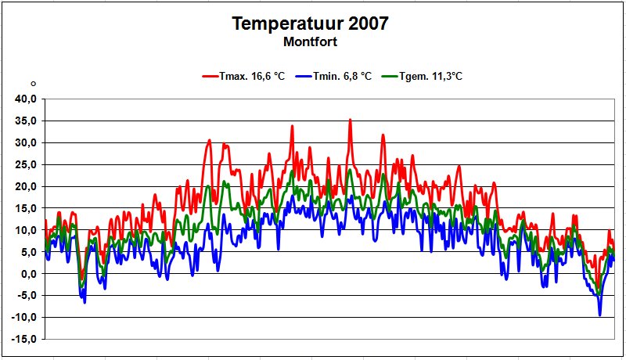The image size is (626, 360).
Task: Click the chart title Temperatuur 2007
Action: click(x=311, y=24)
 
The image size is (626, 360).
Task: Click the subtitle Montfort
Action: click(x=311, y=41)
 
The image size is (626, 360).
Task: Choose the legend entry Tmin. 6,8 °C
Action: click(x=336, y=77)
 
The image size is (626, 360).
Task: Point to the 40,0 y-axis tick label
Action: click(x=26, y=99)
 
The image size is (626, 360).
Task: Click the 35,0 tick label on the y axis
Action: click(x=26, y=121)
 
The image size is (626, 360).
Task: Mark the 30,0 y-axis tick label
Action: click(x=26, y=142)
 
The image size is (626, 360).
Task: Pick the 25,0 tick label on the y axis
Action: click(x=26, y=164)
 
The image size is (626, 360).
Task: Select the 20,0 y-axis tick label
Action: click(x=26, y=186)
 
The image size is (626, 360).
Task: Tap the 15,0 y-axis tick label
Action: click(x=26, y=208)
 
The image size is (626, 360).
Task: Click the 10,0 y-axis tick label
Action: click(x=26, y=230)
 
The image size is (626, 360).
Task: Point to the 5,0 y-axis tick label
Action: click(x=28, y=252)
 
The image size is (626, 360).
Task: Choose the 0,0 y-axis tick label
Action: click(x=28, y=274)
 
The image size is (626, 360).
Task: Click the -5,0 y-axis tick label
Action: click(x=27, y=295)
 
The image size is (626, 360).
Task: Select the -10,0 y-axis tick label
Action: click(x=24, y=317)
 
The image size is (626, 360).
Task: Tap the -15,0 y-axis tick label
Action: click(x=24, y=339)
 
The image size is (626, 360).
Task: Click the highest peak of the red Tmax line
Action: click(x=350, y=120)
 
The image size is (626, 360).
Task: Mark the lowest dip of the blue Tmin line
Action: click(x=600, y=315)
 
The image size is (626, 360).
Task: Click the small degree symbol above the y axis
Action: click(x=33, y=83)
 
